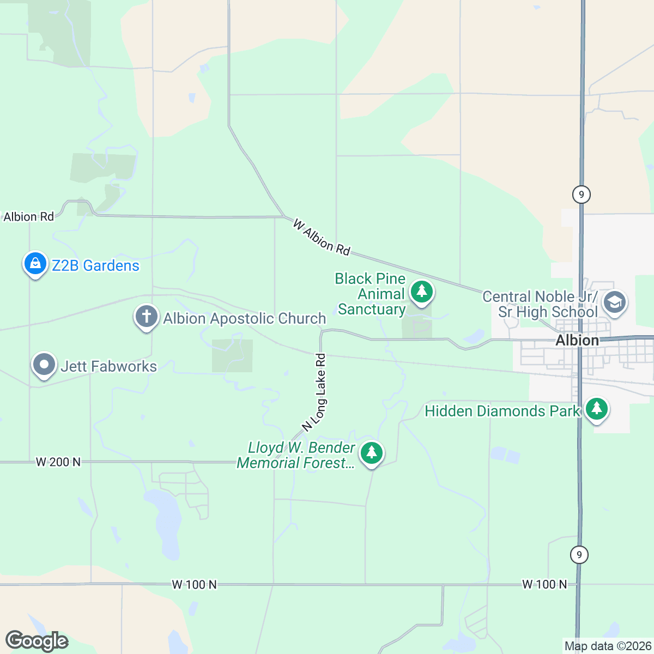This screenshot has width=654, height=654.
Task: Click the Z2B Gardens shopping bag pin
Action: point(35,264)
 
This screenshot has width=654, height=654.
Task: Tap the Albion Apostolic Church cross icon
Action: point(146,317)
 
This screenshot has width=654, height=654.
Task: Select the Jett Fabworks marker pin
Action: point(44,365)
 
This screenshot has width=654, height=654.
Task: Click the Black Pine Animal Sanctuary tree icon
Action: point(421,292)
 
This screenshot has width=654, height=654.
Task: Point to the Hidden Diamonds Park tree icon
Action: point(597,409)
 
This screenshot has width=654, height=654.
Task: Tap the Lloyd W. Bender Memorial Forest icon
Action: point(372,453)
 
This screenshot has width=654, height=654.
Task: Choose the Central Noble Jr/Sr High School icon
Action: point(615,302)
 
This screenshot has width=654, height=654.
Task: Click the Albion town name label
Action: point(577,341)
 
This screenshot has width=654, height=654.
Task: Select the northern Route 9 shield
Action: point(582,194)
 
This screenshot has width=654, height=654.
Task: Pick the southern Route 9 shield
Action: point(579,555)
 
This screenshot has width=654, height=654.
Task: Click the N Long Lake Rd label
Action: point(316,392)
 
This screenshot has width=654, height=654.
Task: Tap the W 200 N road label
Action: point(58,462)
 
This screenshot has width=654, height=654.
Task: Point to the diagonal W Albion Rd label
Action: point(322,238)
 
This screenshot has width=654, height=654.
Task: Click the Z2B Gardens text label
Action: point(95,265)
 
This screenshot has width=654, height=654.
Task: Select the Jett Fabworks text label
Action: point(108,366)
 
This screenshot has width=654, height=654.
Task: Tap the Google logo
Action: point(37,641)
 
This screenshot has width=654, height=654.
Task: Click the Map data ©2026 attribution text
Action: point(607,646)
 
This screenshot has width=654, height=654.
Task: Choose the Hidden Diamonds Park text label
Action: point(501,411)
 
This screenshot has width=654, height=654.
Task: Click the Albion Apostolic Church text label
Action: point(244,318)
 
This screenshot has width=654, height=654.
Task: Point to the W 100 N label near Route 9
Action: point(544,584)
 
